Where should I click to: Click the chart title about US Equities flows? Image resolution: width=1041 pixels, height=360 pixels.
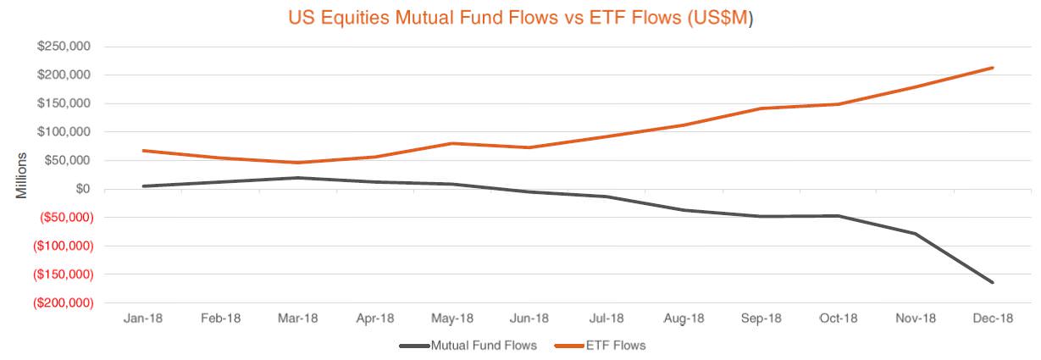520,16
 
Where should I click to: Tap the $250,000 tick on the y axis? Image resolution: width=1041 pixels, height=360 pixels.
64,47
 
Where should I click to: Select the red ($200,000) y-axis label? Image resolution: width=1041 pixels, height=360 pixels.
62,303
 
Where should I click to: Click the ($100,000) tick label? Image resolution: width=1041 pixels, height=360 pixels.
62,246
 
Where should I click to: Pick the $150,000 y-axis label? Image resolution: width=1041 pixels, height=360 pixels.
64,103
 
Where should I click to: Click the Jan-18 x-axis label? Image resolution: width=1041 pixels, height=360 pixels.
144,318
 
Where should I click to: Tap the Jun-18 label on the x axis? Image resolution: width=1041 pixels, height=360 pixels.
529,318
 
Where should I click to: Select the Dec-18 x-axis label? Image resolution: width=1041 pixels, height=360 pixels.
992,318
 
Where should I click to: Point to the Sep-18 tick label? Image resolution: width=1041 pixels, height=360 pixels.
761,318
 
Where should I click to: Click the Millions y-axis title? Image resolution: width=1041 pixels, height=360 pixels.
23,174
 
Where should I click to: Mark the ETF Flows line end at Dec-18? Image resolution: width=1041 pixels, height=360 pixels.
993,68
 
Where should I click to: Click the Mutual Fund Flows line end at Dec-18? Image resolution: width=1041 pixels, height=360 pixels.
993,282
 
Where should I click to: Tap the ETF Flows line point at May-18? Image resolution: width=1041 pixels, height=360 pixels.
452,143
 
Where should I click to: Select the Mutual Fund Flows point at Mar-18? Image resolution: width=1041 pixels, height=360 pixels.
298,178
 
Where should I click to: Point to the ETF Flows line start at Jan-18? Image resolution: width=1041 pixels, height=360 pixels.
144,151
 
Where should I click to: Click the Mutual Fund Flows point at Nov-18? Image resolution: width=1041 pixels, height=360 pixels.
916,234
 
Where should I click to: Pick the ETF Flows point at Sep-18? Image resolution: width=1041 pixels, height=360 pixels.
761,108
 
